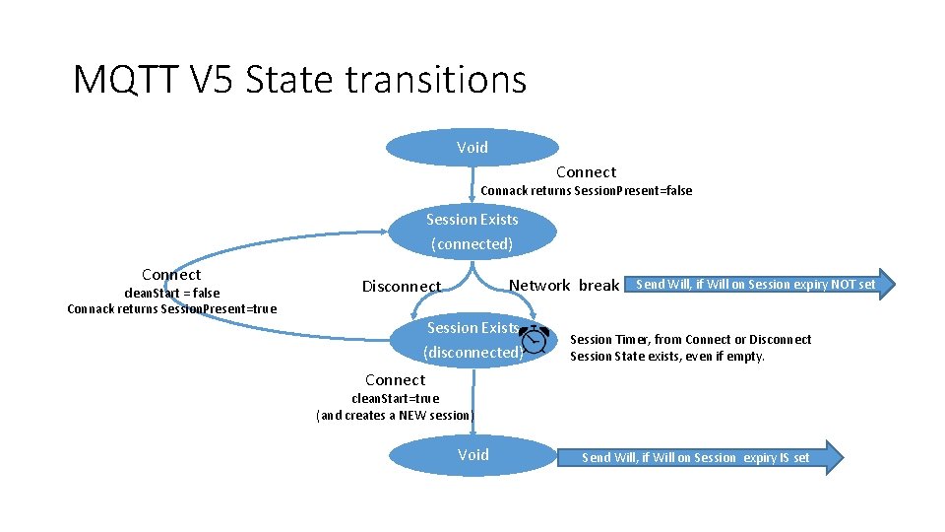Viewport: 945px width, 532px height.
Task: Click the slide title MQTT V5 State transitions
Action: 299,80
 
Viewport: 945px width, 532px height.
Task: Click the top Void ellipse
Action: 472,148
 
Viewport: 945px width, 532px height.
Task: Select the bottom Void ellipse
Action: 472,455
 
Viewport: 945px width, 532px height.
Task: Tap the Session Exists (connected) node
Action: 472,232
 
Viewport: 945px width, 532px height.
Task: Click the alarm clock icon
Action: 535,339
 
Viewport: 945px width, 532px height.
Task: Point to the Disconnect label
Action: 402,287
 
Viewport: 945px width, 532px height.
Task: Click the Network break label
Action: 564,286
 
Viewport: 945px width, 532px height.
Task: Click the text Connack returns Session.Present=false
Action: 586,190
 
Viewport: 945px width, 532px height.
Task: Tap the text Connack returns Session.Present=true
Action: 172,309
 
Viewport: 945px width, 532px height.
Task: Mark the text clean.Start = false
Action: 171,293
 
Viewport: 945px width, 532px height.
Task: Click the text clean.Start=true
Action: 396,398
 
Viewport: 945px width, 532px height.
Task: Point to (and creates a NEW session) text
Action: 395,415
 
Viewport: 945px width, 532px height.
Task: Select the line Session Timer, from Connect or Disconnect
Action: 691,340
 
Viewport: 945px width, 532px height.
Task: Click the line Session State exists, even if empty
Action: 667,357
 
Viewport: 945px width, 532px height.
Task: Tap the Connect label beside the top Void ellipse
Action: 586,172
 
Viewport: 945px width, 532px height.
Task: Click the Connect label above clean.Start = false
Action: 171,275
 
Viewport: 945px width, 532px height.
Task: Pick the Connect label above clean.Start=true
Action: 396,380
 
